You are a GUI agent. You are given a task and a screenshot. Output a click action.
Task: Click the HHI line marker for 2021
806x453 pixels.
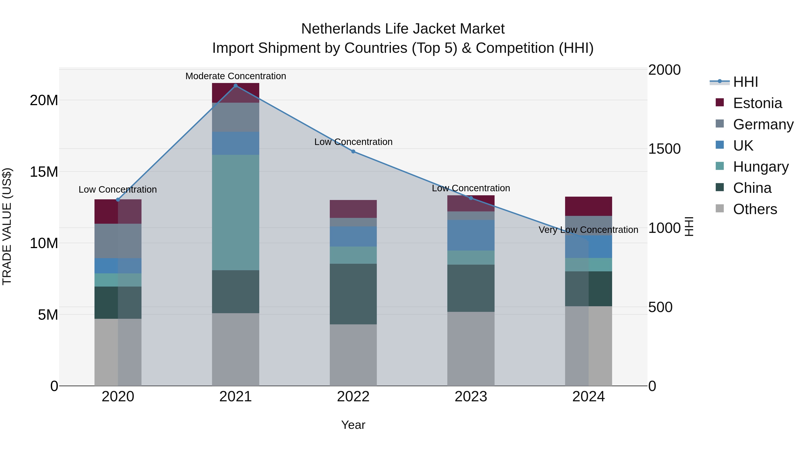click(236, 86)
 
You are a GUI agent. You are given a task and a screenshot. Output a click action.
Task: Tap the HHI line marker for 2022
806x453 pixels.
click(353, 151)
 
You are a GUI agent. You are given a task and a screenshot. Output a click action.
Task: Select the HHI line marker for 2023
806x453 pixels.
click(471, 198)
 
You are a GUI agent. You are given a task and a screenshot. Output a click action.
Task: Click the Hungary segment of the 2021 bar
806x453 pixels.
click(236, 212)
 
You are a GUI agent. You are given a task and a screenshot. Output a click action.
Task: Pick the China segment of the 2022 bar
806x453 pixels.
click(353, 294)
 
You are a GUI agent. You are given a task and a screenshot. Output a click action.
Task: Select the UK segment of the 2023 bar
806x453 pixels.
click(471, 235)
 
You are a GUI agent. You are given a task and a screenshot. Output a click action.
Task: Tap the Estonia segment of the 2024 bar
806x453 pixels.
click(589, 206)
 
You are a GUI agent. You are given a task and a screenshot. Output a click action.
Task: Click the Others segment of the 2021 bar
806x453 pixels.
click(236, 349)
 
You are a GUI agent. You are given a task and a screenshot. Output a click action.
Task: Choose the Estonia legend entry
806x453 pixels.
click(757, 103)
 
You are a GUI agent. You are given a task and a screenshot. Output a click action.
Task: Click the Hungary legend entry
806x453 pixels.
click(761, 167)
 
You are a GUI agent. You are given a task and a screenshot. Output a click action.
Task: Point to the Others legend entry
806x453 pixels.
click(755, 209)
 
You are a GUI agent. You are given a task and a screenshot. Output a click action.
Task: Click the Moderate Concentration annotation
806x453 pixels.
click(236, 76)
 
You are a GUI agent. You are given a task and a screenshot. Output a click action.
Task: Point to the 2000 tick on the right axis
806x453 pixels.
click(664, 70)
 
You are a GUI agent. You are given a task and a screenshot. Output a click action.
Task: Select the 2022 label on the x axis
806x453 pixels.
click(353, 397)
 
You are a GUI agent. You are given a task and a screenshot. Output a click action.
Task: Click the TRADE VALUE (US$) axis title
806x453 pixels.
click(7, 226)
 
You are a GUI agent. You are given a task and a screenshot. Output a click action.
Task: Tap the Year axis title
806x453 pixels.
click(353, 425)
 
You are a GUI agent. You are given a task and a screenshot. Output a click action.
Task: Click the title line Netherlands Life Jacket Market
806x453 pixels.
click(403, 29)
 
